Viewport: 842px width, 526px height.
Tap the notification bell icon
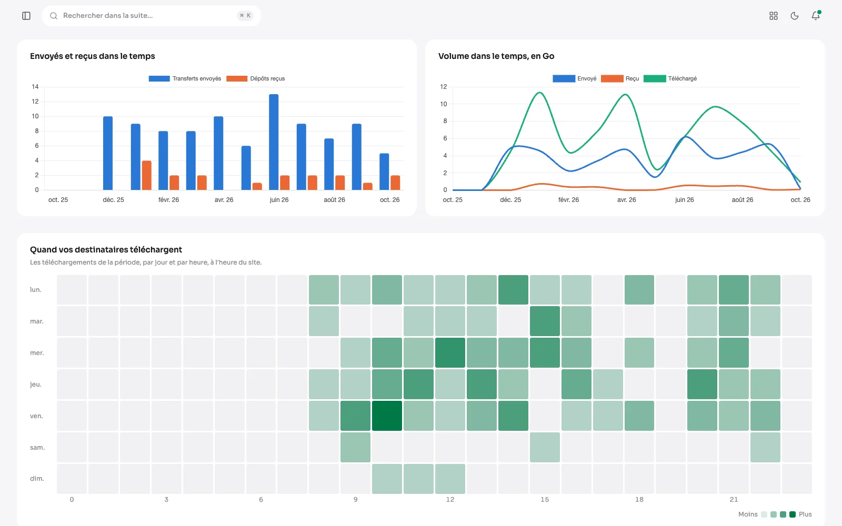815,16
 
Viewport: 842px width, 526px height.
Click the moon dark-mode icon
794,16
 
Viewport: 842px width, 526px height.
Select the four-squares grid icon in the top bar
773,16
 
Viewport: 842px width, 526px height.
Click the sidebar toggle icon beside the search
26,16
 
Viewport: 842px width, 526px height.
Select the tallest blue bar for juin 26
274,142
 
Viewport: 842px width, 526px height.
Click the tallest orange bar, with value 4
147,176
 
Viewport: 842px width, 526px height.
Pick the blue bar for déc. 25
108,153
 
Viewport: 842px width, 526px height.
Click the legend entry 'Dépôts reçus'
256,78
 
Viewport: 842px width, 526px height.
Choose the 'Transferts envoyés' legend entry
185,78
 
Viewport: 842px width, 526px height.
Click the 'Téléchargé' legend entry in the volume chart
670,78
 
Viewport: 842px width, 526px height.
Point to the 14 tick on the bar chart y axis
35,87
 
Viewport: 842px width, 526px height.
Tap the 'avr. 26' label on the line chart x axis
627,200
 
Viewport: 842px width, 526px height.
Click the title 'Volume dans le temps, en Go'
496,56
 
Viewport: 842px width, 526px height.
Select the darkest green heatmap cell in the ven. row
387,416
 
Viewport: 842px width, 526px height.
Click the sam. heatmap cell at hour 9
355,447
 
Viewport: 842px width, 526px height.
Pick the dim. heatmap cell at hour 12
450,479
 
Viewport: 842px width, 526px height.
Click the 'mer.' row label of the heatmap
37,353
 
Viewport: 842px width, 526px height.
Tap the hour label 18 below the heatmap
639,499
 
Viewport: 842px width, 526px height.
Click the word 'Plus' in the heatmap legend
805,514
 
